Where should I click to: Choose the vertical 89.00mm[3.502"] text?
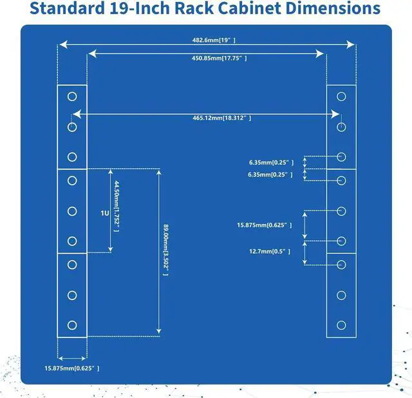[165, 250]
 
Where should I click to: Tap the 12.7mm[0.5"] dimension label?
[270, 252]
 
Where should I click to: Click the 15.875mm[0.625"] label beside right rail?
[265, 225]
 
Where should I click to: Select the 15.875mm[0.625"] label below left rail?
[72, 368]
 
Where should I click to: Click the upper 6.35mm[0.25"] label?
[272, 162]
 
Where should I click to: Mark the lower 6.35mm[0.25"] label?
[272, 175]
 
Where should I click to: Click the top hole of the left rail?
[72, 96]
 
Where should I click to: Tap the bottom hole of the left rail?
[72, 325]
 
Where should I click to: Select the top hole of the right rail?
[341, 96]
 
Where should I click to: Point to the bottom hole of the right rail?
[341, 325]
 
